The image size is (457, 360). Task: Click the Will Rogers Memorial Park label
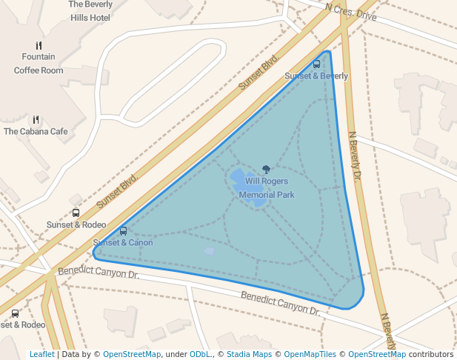266,188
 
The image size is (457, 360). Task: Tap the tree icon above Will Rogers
267,170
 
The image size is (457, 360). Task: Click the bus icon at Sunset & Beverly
317,64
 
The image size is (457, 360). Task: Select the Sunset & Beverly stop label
316,76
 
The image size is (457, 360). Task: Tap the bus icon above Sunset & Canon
123,231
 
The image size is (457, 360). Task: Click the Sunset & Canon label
123,242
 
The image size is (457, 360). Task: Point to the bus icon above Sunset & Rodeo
76,213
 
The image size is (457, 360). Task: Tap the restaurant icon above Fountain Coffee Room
39,45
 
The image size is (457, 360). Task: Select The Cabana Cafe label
36,131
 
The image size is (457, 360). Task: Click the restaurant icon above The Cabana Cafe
36,119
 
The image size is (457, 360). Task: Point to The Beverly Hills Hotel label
90,10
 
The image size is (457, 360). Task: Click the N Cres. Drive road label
351,11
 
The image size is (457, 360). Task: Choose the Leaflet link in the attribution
41,354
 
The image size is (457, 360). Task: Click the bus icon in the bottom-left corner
15,313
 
